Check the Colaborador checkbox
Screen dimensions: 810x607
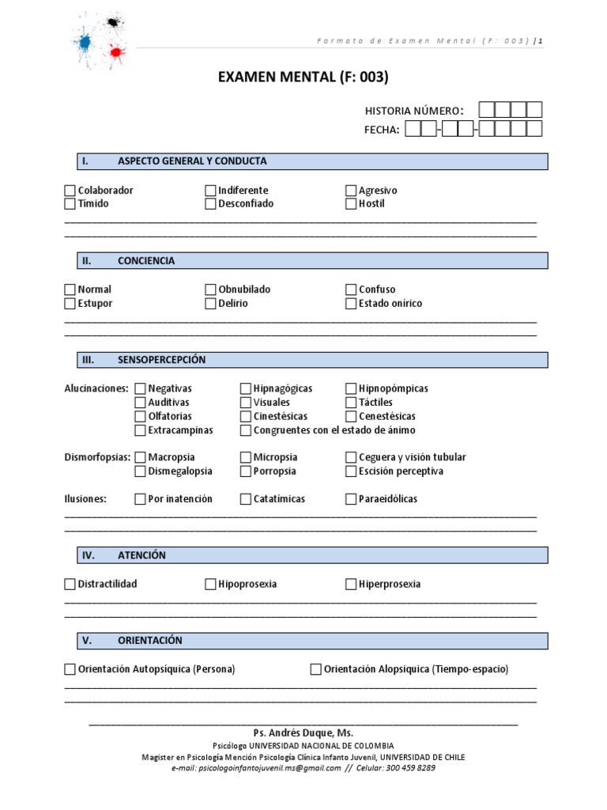(x=70, y=191)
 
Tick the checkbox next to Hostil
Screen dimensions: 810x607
(x=352, y=204)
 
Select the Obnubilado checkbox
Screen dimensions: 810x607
(x=210, y=290)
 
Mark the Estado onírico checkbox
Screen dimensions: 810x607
(x=352, y=303)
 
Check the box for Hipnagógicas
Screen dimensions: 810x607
(x=246, y=388)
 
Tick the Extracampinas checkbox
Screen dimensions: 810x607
(x=140, y=430)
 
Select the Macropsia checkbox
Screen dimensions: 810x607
(x=140, y=457)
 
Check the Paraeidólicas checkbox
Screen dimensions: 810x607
(x=352, y=499)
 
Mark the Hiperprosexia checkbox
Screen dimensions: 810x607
(x=352, y=585)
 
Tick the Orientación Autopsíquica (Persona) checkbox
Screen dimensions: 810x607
(x=70, y=669)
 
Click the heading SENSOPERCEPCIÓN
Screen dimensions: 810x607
(x=161, y=360)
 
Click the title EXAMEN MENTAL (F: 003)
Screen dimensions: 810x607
(x=303, y=77)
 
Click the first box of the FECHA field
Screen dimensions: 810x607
(x=412, y=129)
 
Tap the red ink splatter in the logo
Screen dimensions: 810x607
(x=116, y=53)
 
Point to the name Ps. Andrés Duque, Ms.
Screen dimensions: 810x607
(x=303, y=733)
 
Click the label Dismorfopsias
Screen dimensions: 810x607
(x=96, y=457)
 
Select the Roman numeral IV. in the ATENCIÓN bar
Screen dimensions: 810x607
(x=89, y=555)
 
